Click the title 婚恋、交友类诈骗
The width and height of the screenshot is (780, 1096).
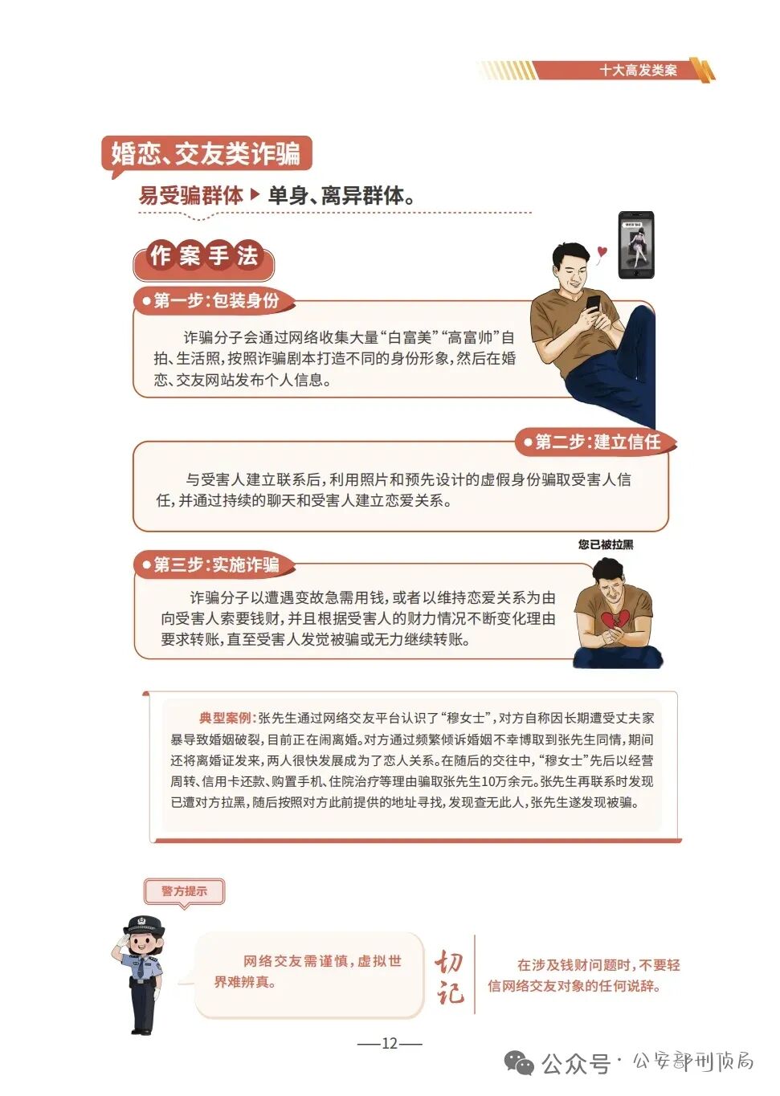click(x=206, y=153)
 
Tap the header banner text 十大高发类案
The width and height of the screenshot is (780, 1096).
click(x=638, y=71)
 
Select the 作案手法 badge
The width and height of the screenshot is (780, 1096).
click(x=204, y=257)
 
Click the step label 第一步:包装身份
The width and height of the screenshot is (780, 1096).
click(x=216, y=301)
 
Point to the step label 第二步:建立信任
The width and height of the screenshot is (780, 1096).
click(x=597, y=442)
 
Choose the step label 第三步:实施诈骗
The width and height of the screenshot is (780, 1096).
click(x=216, y=564)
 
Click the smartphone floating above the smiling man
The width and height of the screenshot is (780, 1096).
click(x=635, y=245)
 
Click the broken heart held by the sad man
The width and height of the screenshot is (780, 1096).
click(x=615, y=622)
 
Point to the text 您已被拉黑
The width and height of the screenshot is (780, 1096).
click(x=606, y=544)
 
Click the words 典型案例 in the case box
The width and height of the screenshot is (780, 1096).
click(x=225, y=718)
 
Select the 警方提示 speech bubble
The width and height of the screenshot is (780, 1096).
click(x=184, y=891)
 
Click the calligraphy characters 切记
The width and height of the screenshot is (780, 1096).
click(x=450, y=977)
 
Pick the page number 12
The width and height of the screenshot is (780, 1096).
click(x=390, y=1043)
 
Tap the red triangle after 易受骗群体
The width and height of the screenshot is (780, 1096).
click(x=255, y=194)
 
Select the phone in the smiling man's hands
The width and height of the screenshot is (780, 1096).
click(x=593, y=304)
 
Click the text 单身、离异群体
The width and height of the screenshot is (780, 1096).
click(x=341, y=195)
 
